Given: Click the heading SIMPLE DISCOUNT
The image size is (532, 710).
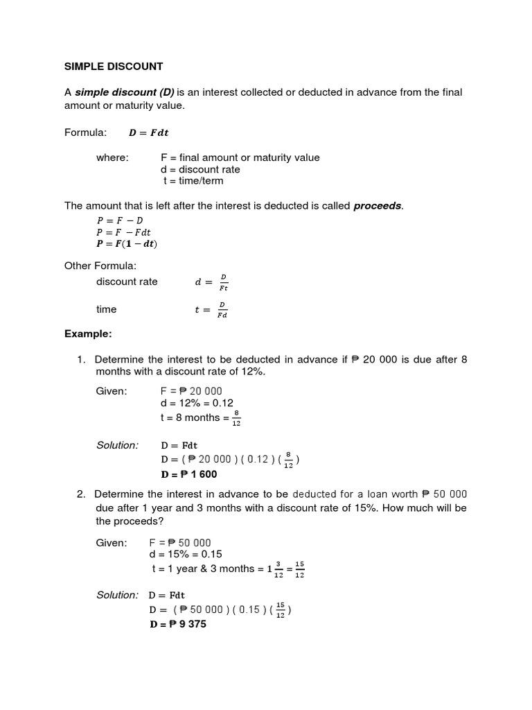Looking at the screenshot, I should [114, 67].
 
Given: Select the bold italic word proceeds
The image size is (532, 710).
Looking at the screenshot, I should [378, 206].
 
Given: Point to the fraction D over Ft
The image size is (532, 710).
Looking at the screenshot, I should [223, 282].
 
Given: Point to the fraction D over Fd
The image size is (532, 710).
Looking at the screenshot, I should [222, 310].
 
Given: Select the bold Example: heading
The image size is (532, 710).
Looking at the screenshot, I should [88, 334].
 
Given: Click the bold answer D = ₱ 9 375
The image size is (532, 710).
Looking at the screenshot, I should [177, 624].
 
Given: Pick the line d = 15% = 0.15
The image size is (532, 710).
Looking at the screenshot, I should [185, 555].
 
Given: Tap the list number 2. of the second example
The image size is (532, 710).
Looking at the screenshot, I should [81, 494].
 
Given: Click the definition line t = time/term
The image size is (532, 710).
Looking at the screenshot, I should [193, 181].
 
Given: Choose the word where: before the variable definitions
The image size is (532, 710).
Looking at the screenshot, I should [112, 157].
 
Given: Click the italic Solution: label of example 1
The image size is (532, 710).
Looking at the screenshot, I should [117, 445].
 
